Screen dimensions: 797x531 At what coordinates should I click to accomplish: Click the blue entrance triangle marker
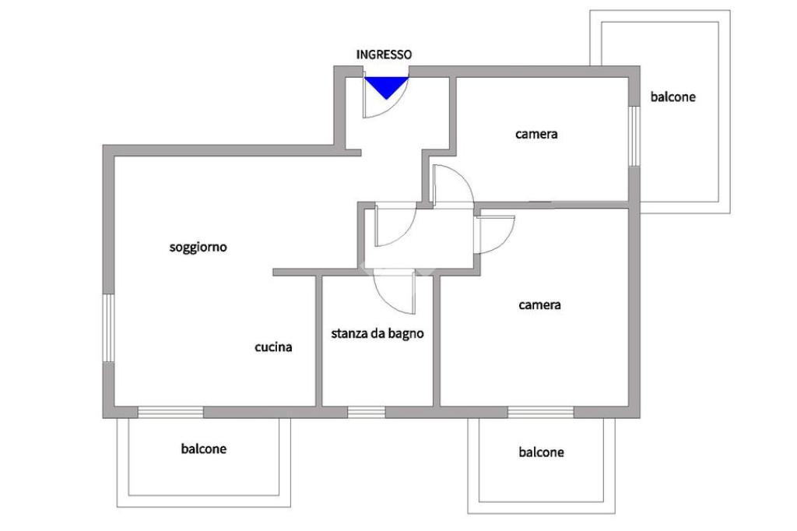click(387, 85)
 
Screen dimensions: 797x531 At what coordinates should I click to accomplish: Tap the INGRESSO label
click(384, 55)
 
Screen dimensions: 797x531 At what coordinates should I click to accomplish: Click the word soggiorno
click(198, 248)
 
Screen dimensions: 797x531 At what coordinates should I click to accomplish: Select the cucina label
click(274, 347)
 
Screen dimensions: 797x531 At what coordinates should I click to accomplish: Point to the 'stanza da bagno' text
click(377, 334)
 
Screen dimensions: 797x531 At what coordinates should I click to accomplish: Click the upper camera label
click(536, 134)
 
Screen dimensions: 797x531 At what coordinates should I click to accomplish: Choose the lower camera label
click(539, 305)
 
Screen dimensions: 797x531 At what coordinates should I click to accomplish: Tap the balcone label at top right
click(672, 97)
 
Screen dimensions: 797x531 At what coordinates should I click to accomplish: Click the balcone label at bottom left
click(203, 449)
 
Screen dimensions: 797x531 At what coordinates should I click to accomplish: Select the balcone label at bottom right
click(541, 452)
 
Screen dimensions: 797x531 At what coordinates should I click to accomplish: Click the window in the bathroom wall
click(366, 412)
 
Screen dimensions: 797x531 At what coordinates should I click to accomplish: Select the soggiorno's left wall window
click(110, 327)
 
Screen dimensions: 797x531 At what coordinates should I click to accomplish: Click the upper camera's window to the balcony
click(634, 135)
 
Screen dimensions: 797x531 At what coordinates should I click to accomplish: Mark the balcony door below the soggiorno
click(170, 412)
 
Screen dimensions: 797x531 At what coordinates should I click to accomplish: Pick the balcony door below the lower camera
click(540, 412)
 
